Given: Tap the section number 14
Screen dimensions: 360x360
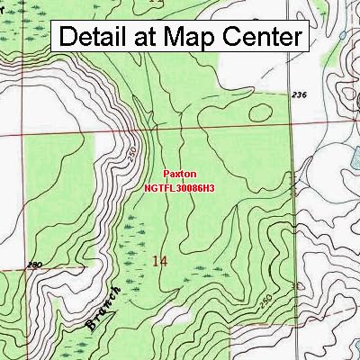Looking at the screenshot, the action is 160,261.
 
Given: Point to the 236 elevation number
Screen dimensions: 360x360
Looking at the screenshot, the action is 300,94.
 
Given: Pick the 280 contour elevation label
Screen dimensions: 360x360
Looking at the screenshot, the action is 11,265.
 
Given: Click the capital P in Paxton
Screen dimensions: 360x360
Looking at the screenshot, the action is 166,177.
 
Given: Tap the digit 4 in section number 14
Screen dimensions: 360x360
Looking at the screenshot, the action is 164,261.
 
